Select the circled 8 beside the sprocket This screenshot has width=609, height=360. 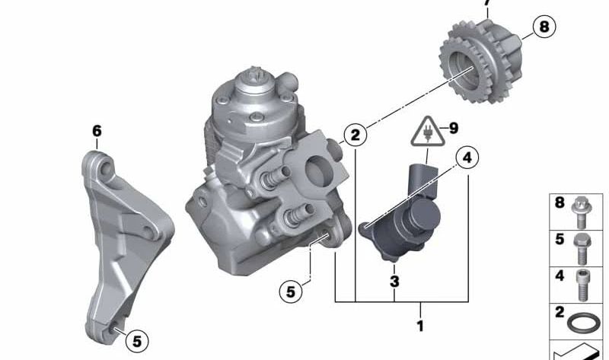click(x=543, y=28)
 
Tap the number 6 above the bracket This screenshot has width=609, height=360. click(x=97, y=131)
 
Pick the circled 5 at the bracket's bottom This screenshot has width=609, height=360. click(x=137, y=339)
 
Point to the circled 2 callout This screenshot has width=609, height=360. click(x=354, y=135)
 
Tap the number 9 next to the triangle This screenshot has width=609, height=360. click(x=454, y=128)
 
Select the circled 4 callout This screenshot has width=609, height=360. click(x=467, y=158)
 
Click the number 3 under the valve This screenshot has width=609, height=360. click(x=394, y=282)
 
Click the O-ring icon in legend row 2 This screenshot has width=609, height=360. click(x=582, y=319)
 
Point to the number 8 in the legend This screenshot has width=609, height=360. click(x=560, y=203)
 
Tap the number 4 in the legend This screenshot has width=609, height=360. click(x=560, y=275)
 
